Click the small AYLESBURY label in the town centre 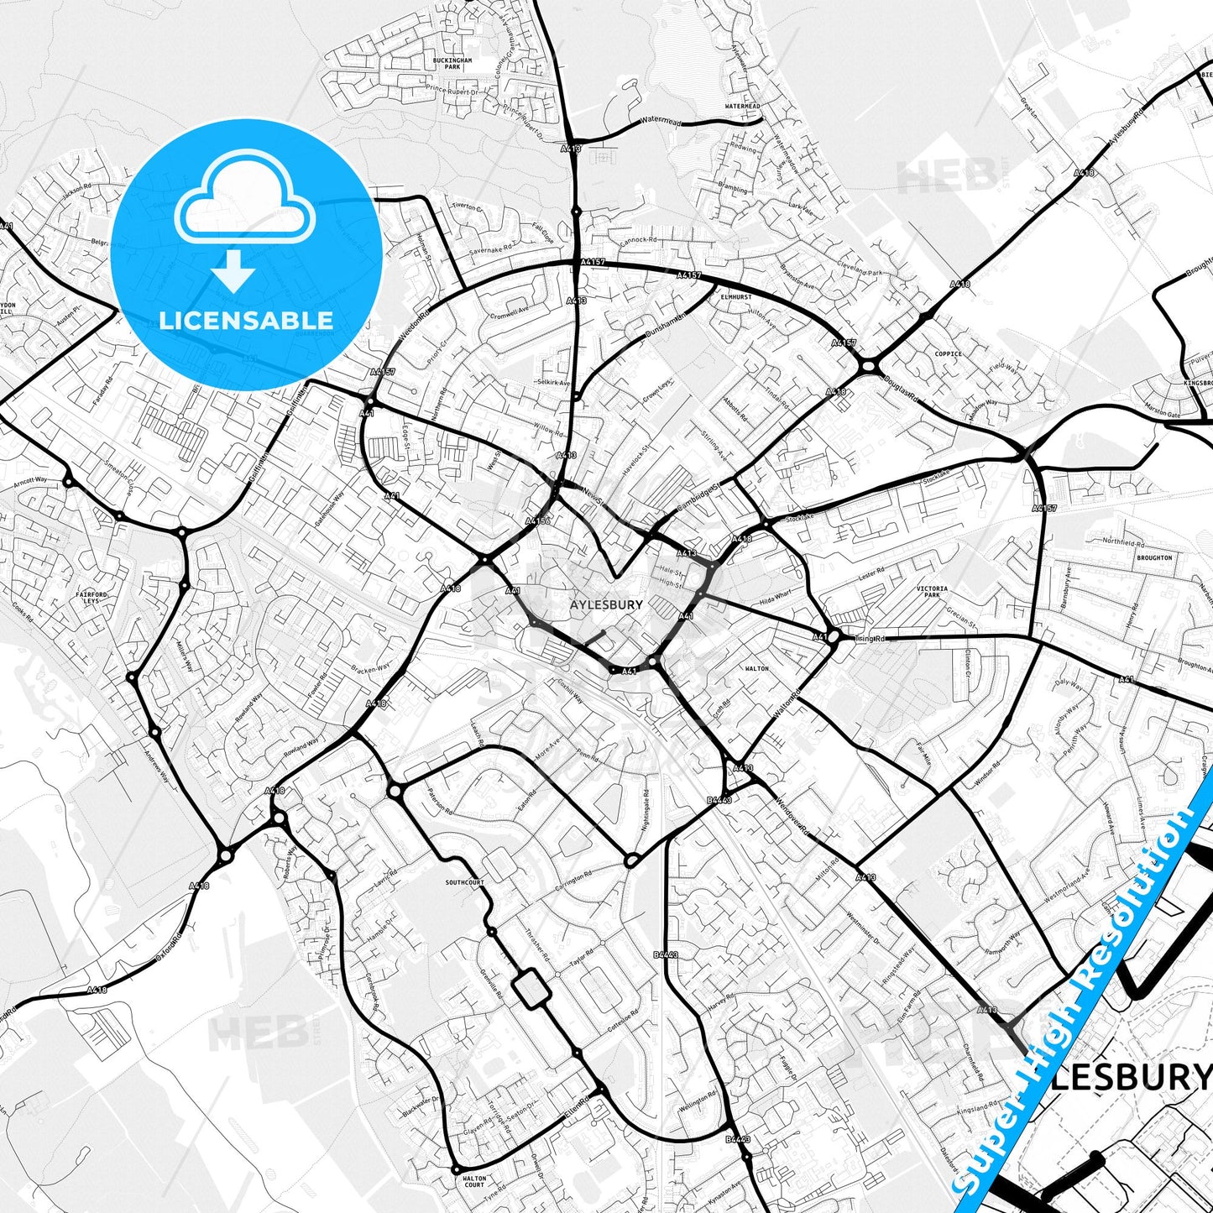[606, 604]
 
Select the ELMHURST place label [735, 296]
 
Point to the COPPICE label [948, 354]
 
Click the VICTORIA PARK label [933, 592]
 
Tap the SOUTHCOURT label [465, 883]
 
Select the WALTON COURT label [474, 1182]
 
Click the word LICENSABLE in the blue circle [246, 320]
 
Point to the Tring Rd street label [869, 639]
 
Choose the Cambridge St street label [700, 497]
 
